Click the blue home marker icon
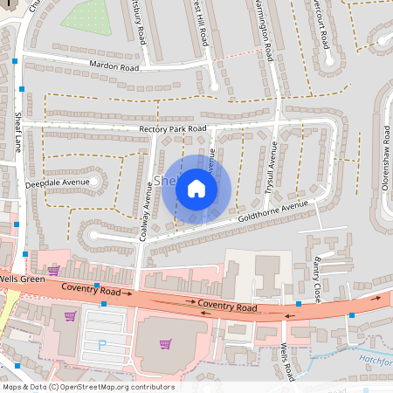coord(196,189)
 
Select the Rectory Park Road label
coord(173,129)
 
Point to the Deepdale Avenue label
coord(58,183)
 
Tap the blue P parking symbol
coord(101,346)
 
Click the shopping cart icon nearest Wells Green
coord(53,271)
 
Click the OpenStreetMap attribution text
coord(87,387)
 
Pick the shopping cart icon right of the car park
coord(165,343)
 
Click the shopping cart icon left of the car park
coord(71,315)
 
